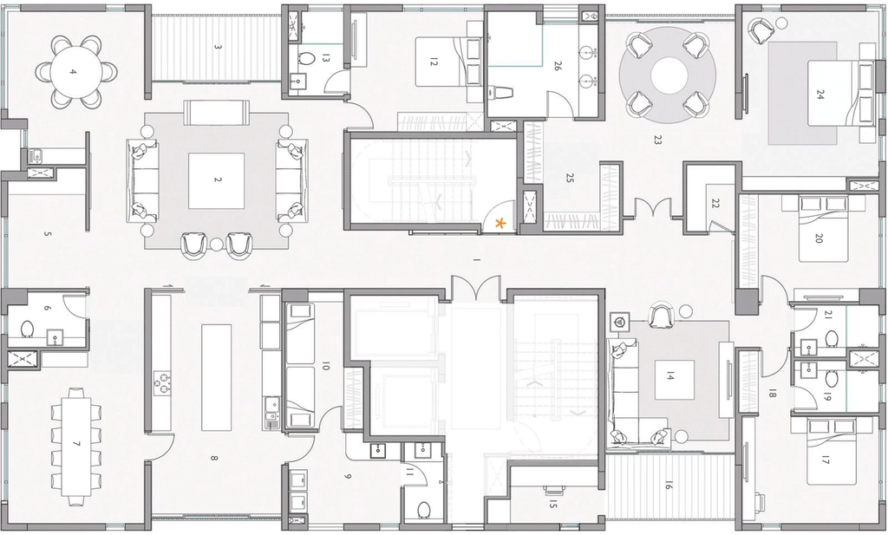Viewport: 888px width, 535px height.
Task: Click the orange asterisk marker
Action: (500, 223)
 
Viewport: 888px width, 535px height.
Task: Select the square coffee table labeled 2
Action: (216, 180)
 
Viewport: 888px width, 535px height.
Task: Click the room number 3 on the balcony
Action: (218, 47)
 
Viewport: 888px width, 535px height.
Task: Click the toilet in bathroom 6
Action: (27, 329)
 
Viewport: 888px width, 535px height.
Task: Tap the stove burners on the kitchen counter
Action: (163, 382)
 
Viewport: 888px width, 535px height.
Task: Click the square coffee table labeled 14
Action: (671, 376)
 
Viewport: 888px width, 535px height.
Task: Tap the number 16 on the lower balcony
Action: (669, 486)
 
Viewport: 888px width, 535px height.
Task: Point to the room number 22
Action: (715, 203)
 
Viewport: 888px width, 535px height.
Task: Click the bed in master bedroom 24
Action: (833, 93)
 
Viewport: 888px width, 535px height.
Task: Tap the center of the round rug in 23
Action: (669, 75)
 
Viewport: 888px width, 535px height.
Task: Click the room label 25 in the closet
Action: (570, 178)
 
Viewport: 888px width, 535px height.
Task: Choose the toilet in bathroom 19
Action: (832, 378)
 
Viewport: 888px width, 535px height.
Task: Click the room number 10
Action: (325, 367)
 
